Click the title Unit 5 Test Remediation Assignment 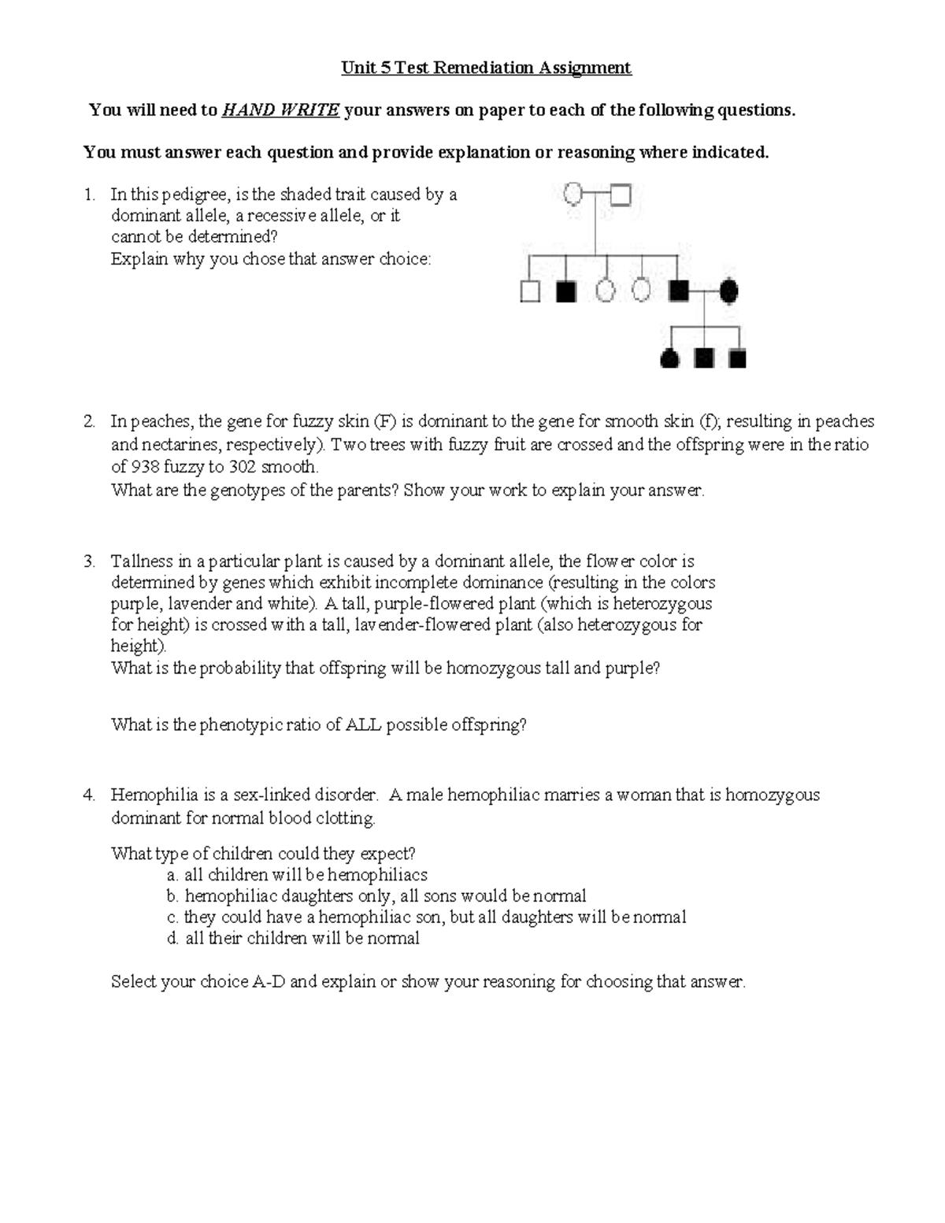(486, 68)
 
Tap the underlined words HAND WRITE (280, 110)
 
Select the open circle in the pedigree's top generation (574, 193)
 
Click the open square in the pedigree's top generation (621, 194)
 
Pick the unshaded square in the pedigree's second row (530, 292)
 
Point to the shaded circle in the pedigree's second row (728, 291)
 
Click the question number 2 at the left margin (89, 421)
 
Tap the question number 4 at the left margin (89, 795)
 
